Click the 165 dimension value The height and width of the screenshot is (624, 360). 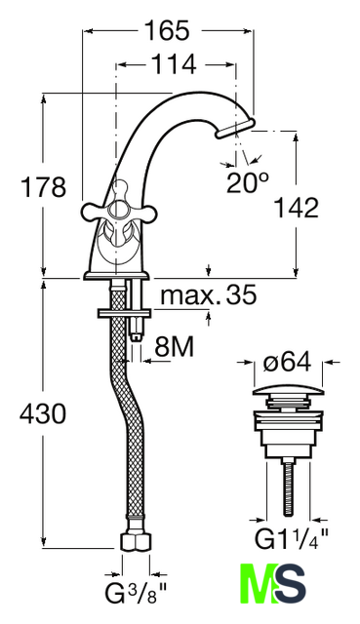click(167, 30)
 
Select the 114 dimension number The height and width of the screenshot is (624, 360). click(175, 64)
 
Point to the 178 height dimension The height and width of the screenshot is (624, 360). click(43, 187)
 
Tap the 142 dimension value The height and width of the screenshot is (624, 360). click(297, 208)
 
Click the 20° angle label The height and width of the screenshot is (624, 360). click(248, 182)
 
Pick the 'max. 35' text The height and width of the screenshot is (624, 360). click(208, 294)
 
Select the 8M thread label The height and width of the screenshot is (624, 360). click(174, 347)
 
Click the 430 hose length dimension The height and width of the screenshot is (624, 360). click(43, 413)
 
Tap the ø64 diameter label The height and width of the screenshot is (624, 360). click(288, 363)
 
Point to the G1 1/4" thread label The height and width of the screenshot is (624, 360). click(292, 539)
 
